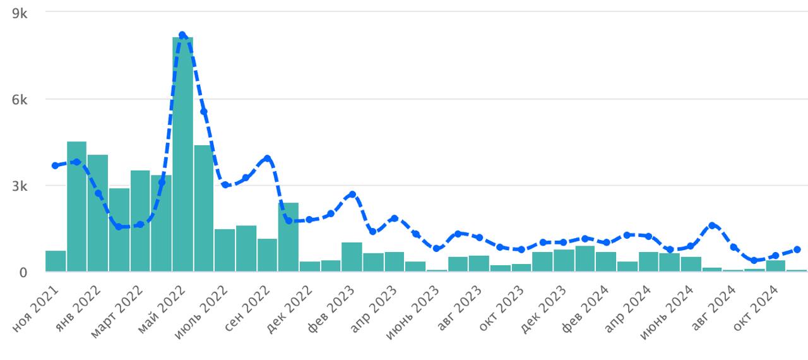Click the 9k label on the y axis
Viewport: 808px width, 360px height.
[x=20, y=13]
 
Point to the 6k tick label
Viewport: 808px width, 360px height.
[x=20, y=100]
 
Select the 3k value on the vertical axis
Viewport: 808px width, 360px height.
[x=20, y=186]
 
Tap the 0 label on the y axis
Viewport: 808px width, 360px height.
[x=23, y=273]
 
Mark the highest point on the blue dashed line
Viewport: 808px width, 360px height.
[x=182, y=35]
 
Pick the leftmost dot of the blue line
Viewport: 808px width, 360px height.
[x=56, y=165]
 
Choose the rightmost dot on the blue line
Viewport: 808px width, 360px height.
[x=797, y=249]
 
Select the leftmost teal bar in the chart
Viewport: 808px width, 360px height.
[x=56, y=261]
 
